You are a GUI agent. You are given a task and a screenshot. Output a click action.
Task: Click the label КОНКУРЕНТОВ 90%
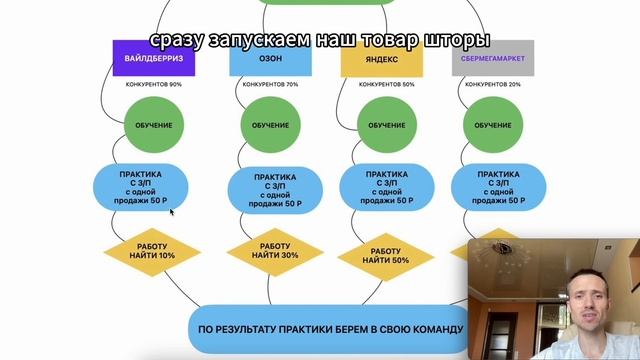tap(154, 85)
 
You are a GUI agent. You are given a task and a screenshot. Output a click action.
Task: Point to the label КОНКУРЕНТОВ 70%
tap(270, 85)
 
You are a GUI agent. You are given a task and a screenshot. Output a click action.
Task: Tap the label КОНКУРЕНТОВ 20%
tap(492, 85)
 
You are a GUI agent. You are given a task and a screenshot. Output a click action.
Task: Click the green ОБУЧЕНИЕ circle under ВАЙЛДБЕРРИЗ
tap(153, 126)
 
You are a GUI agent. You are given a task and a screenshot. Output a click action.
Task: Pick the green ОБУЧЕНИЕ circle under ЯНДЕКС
tap(380, 126)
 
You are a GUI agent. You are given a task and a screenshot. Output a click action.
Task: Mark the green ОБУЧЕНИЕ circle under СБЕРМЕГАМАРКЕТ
tap(492, 126)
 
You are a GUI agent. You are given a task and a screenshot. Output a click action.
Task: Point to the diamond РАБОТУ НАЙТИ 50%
tap(385, 254)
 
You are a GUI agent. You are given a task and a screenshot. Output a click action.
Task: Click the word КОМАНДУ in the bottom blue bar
tap(430, 329)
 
